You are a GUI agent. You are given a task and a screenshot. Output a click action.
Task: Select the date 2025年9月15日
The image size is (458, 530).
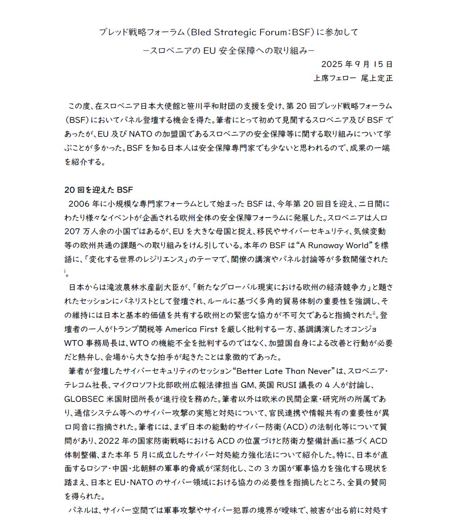[x=357, y=64]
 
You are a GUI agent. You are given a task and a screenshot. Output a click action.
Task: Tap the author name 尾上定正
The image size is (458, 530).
[x=377, y=78]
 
